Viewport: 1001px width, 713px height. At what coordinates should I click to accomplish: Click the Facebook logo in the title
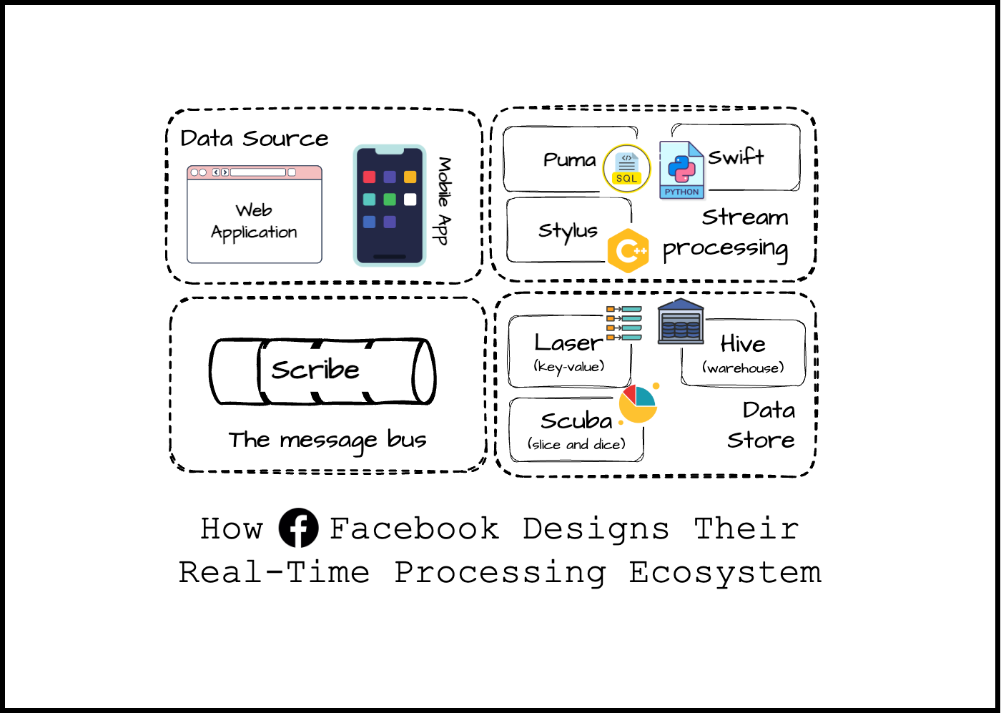click(298, 528)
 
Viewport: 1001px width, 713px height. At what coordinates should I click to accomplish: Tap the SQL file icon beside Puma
click(626, 169)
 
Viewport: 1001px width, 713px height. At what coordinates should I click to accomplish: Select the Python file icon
click(681, 170)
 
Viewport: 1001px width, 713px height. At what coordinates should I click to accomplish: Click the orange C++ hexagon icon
click(628, 251)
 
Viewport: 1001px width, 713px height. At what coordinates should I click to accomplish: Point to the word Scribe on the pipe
click(315, 370)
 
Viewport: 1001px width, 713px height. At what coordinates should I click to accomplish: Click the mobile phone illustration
click(390, 205)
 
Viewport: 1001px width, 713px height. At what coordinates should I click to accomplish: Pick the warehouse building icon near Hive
click(681, 322)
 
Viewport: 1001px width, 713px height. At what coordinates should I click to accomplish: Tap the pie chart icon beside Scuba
click(638, 403)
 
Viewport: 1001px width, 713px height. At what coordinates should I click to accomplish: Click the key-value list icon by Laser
click(623, 323)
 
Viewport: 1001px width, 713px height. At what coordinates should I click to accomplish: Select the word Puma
click(569, 159)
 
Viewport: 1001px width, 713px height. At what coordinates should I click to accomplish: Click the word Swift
click(736, 157)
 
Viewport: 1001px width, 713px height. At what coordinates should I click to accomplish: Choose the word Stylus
click(568, 230)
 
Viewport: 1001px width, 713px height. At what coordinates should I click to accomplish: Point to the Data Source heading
click(255, 138)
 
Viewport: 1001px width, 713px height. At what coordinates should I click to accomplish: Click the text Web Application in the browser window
click(254, 222)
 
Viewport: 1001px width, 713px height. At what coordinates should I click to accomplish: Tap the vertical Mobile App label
click(444, 201)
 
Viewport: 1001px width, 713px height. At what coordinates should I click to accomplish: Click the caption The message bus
click(327, 440)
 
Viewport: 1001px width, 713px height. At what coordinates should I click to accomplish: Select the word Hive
click(743, 344)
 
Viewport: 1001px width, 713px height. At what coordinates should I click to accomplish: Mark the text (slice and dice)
click(576, 444)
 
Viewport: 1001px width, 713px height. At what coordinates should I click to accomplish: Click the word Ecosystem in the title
click(725, 572)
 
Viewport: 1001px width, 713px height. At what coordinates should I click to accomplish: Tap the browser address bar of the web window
click(257, 172)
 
